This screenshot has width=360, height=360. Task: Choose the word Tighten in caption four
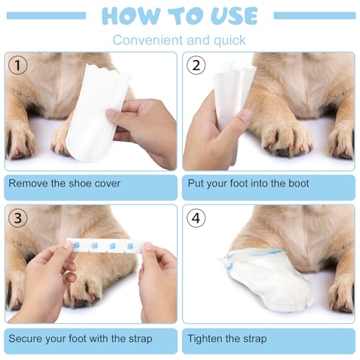(208, 338)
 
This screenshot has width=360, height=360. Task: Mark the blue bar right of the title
(315, 15)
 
